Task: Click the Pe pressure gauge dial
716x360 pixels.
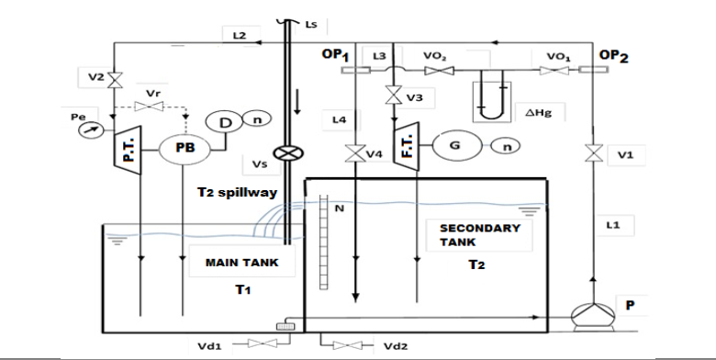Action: (89, 130)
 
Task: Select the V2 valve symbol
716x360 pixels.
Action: (114, 81)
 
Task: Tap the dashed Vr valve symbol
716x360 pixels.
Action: (149, 107)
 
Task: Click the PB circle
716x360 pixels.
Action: (185, 149)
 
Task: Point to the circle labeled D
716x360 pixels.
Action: (223, 122)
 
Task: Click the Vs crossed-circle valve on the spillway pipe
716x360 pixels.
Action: (287, 152)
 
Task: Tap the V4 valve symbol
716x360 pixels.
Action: (355, 153)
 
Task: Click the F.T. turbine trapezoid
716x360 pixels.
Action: (406, 146)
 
